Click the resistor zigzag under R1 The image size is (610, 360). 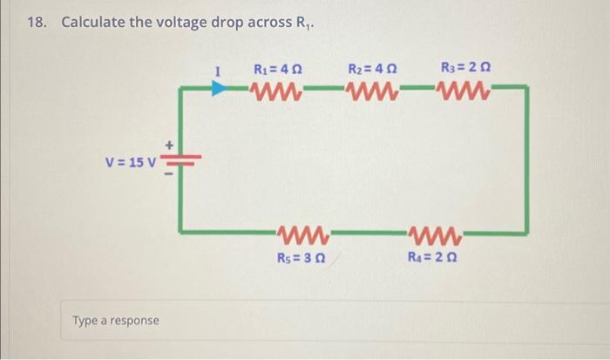tap(276, 88)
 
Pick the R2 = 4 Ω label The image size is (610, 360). tap(372, 68)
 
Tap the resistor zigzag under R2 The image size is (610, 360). tap(372, 88)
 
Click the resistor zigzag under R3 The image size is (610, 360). tap(463, 88)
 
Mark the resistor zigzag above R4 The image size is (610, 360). tap(434, 234)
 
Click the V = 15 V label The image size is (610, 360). tap(130, 162)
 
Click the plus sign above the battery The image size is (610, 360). tap(171, 145)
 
